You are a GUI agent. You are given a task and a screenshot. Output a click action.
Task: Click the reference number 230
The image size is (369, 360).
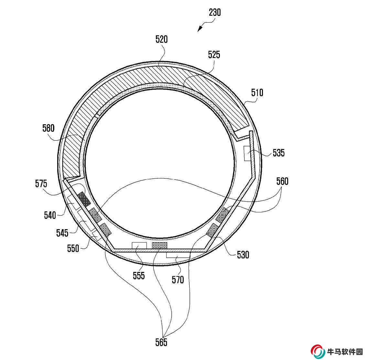click(x=215, y=12)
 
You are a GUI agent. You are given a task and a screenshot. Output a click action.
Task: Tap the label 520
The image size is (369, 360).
click(x=161, y=39)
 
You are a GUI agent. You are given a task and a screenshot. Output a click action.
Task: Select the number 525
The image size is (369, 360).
click(x=214, y=55)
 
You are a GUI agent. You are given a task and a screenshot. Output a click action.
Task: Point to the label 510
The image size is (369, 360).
click(x=257, y=93)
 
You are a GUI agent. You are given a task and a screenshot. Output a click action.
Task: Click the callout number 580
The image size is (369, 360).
click(x=48, y=128)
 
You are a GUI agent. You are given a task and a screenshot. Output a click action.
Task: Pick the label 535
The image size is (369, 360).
click(x=279, y=153)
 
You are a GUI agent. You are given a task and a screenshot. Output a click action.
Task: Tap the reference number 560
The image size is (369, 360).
click(x=282, y=181)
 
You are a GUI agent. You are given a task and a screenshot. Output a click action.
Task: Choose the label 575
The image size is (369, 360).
click(x=41, y=184)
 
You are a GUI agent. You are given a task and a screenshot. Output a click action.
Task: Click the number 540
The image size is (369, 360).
click(x=50, y=215)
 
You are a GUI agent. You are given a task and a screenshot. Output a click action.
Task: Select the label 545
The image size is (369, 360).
click(x=62, y=233)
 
